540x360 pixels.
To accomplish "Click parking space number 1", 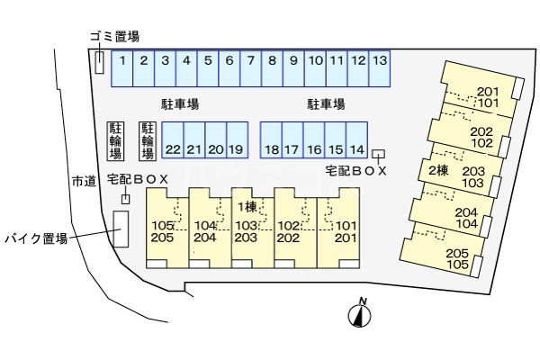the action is pos(121,68).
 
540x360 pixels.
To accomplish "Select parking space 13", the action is pos(380,68).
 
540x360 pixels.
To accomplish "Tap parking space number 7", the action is pos(251,68).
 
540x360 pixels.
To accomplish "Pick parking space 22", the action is pos(173,139).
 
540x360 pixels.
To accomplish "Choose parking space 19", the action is pos(238,139).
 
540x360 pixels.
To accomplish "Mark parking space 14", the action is pos(356,139).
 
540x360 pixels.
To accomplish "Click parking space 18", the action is pos(271,139).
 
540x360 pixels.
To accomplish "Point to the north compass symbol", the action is pos(359,312).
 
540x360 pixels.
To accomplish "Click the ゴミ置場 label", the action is pos(115,36).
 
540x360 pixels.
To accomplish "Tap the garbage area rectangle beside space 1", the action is pos(99,62).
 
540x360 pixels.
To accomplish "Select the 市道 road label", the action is pos(84,181).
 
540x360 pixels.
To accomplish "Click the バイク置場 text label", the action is pos(36,238).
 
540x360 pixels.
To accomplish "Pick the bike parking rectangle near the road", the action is pos(121,229).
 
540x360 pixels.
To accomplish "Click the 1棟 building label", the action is pos(247,207).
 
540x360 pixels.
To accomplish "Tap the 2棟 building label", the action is pos(438,170).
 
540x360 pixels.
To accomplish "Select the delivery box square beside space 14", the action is pos(379,154).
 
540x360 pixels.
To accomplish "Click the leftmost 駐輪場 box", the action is pos(115,141).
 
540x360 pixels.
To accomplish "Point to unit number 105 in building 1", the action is pos(163,226).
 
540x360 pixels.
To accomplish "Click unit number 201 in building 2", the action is pos(488,92).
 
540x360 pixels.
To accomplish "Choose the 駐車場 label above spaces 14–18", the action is pos(326,104).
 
